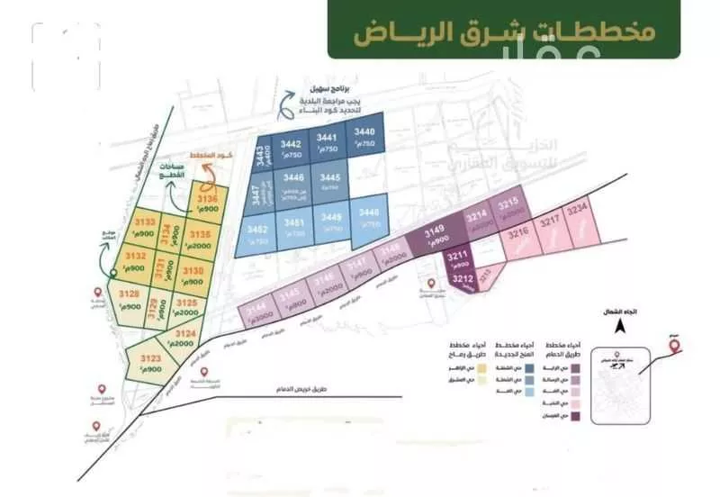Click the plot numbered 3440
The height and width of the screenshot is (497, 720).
click(363, 140)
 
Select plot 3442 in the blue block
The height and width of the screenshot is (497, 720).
click(290, 149)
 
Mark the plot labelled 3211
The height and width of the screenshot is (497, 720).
click(458, 262)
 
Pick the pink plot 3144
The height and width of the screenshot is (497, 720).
click(256, 312)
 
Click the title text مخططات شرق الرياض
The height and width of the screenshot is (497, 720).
click(504, 34)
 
